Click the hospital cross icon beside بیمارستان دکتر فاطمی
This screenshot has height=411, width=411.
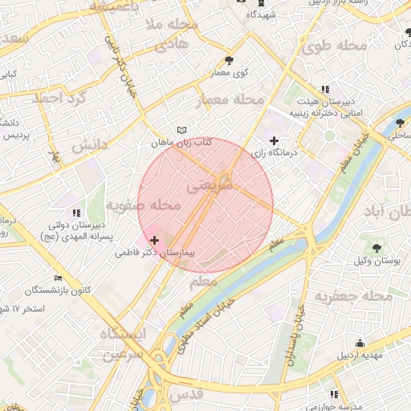tap(154, 240)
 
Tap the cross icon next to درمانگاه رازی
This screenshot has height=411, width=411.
tap(275, 140)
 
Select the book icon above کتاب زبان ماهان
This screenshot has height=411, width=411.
tap(181, 130)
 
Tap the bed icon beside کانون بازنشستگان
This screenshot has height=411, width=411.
tap(58, 278)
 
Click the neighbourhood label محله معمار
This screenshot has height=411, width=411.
tap(230, 100)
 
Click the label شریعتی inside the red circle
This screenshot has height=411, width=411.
tap(210, 186)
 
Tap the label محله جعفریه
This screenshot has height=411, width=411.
tap(353, 296)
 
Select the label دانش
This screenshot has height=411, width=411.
tap(88, 147)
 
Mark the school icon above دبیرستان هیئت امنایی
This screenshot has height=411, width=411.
tap(324, 90)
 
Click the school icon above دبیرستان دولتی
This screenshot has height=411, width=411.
tap(76, 213)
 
